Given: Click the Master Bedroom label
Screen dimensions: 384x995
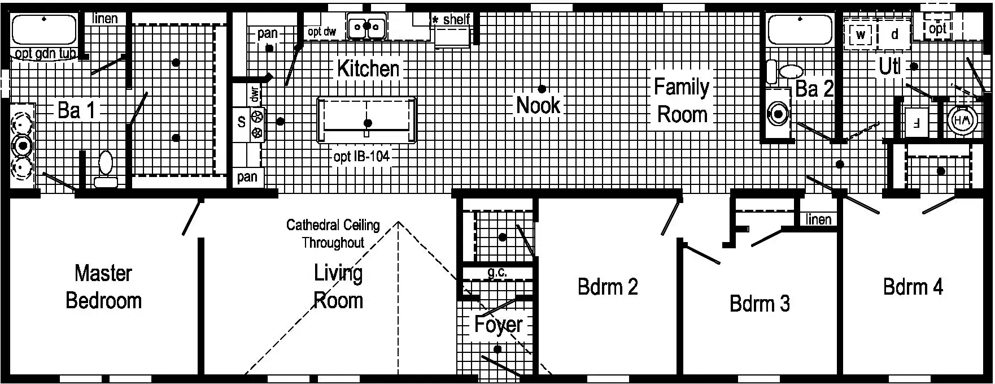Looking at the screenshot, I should [103, 287].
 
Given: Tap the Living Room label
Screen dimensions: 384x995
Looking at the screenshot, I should [338, 286].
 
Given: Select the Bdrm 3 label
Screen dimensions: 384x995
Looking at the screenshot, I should [760, 304].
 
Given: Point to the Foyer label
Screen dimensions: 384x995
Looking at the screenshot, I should [498, 325].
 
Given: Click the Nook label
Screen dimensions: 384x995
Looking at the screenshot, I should [538, 105].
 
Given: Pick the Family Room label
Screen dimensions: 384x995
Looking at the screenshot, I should [682, 101].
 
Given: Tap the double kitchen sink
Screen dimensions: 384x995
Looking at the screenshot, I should [367, 27].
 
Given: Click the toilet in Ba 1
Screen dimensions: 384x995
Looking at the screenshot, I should [106, 166].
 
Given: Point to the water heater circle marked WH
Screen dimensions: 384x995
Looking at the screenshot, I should [960, 120].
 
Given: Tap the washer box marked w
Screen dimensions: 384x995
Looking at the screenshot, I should [860, 34].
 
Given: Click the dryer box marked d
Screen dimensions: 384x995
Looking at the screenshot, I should [894, 34].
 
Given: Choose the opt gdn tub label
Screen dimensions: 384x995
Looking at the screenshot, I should [45, 54].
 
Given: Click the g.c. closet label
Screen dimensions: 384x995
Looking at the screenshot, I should [497, 273].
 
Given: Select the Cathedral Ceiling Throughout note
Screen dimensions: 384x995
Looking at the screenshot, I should [333, 234].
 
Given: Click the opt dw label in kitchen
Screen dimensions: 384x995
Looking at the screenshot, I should [322, 32].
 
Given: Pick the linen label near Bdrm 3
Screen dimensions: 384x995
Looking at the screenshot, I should [818, 219].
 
